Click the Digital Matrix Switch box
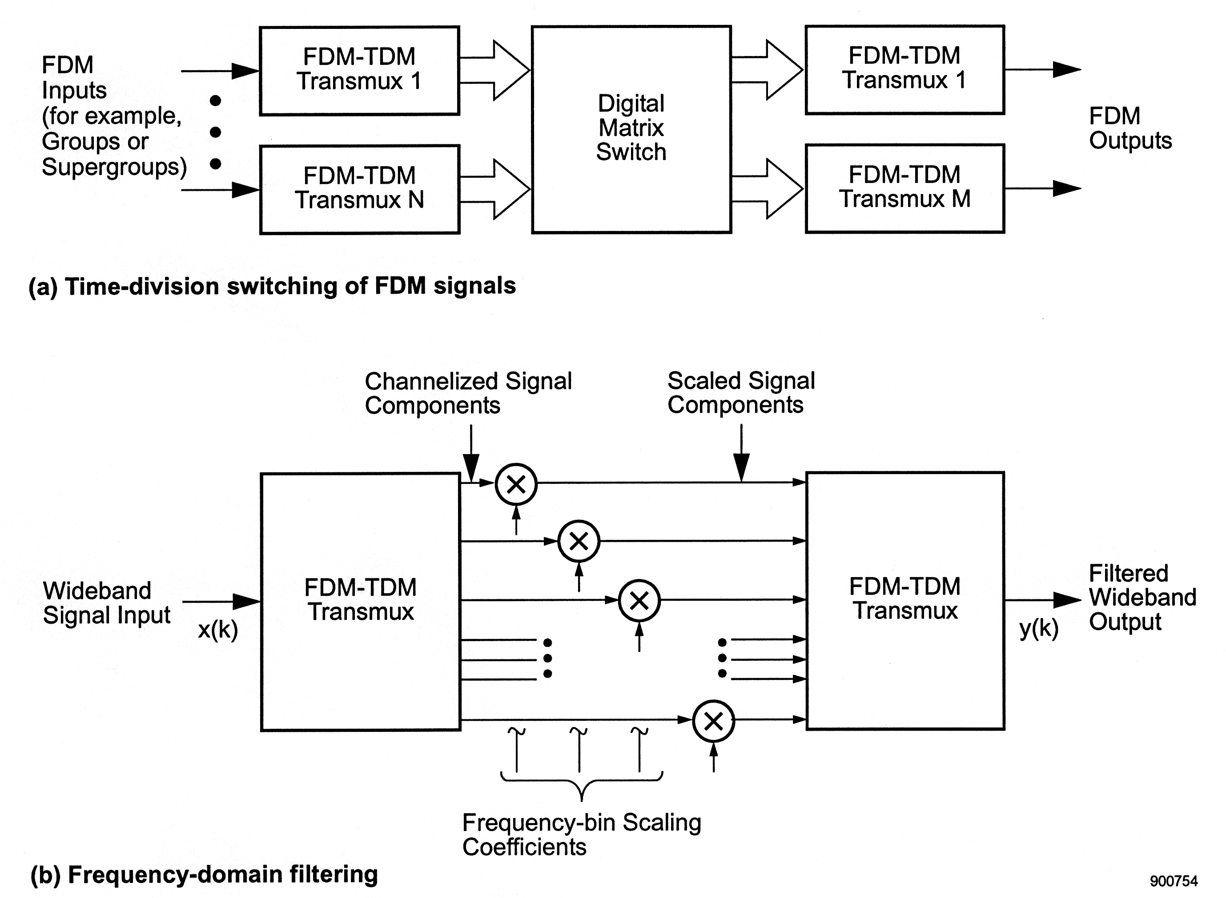631,129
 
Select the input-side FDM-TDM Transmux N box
360,189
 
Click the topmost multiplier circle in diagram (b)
516,484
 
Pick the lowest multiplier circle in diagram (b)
713,721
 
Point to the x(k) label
217,630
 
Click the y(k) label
1038,629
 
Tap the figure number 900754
1173,881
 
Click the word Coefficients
524,847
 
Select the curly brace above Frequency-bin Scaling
582,783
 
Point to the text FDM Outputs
1130,128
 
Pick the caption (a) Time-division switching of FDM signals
272,286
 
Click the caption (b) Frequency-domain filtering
204,874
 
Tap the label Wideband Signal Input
106,603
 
